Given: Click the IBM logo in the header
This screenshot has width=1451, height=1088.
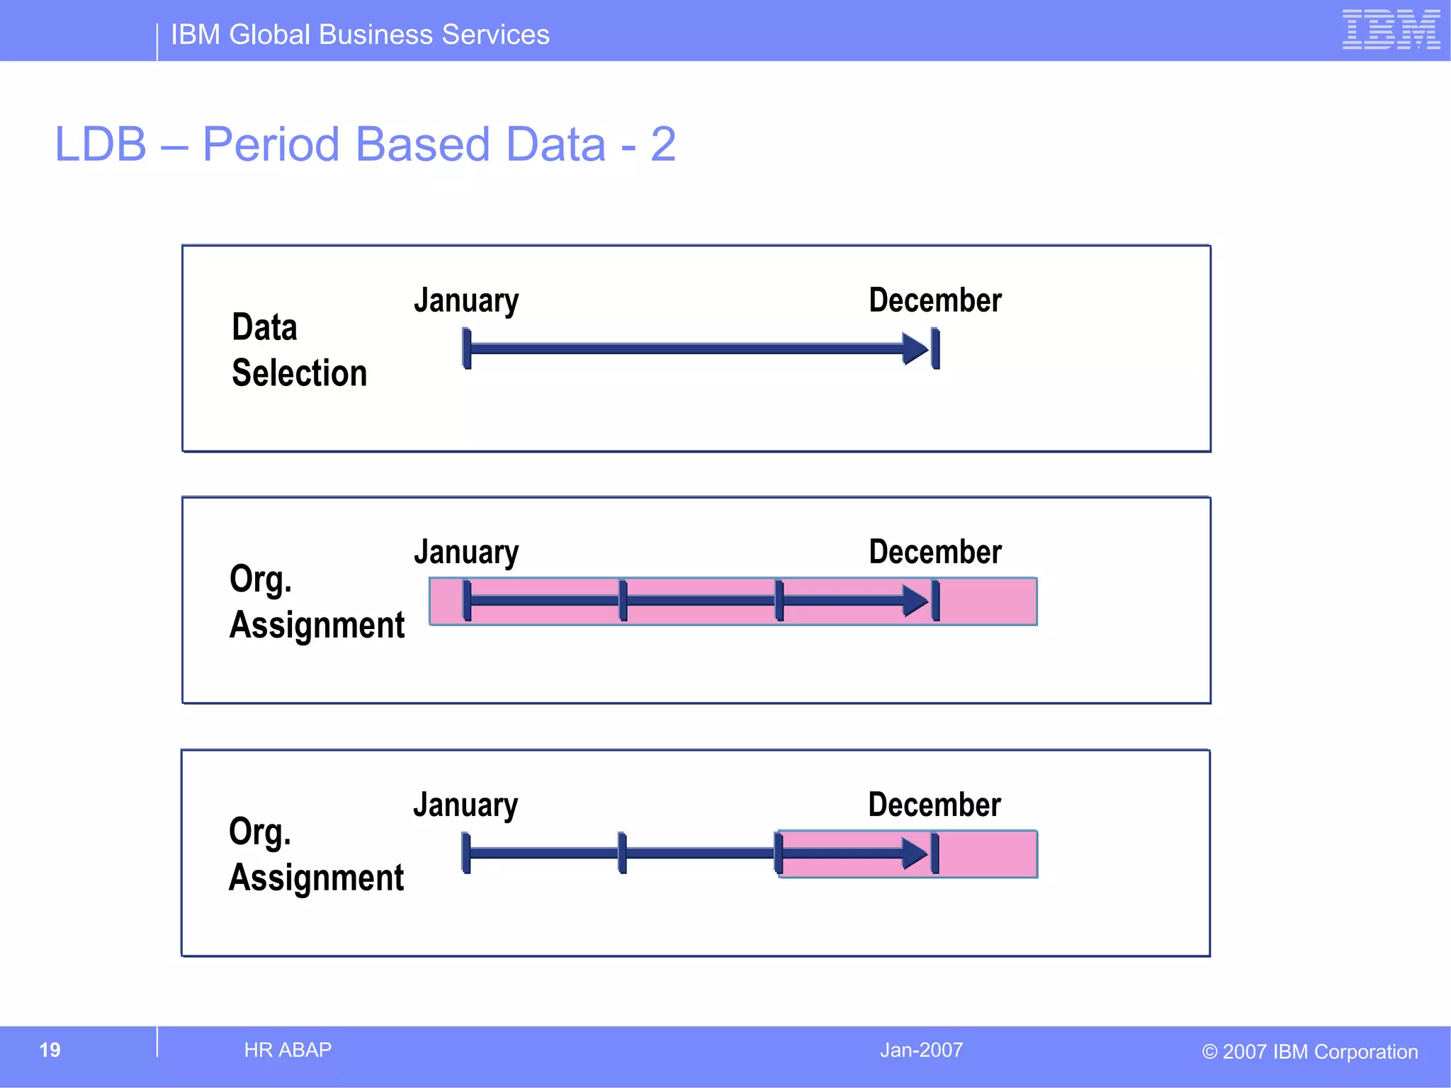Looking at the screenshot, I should click(x=1390, y=30).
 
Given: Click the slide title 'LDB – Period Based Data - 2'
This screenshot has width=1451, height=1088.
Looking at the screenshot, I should click(x=365, y=144).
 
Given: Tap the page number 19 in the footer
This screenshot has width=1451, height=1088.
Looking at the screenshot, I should click(x=50, y=1050).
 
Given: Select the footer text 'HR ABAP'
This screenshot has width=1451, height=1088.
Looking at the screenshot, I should click(x=288, y=1050).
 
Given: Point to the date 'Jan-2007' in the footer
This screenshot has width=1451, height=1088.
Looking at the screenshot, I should click(x=921, y=1050).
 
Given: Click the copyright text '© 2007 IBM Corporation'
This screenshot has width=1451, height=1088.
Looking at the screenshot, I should click(x=1309, y=1052).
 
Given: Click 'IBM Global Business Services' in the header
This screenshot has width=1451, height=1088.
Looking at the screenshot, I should click(x=360, y=35).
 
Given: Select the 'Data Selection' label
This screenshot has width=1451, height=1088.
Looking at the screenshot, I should click(x=299, y=350).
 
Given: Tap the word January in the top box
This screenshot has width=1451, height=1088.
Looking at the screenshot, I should click(x=466, y=301).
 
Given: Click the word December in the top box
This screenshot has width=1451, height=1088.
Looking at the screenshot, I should click(x=935, y=300).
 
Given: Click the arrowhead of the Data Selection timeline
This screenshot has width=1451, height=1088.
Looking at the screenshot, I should click(x=915, y=348).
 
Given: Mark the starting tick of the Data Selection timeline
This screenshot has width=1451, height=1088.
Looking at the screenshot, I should click(x=466, y=348).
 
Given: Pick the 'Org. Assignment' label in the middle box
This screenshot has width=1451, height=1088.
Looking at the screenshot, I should click(x=316, y=602).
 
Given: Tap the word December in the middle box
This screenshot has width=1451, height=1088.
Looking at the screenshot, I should click(x=935, y=552).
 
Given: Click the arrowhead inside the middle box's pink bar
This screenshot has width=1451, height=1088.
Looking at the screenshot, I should click(x=915, y=601).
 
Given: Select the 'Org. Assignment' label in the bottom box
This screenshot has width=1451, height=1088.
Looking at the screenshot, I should click(x=316, y=854).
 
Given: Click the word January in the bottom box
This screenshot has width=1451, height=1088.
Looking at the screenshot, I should click(x=465, y=805).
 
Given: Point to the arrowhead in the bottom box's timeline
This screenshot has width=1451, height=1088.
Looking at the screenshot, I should click(x=915, y=853).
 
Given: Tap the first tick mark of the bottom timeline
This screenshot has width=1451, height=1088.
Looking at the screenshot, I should click(x=465, y=853).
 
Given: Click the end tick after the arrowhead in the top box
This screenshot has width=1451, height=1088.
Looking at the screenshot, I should click(x=935, y=348).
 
